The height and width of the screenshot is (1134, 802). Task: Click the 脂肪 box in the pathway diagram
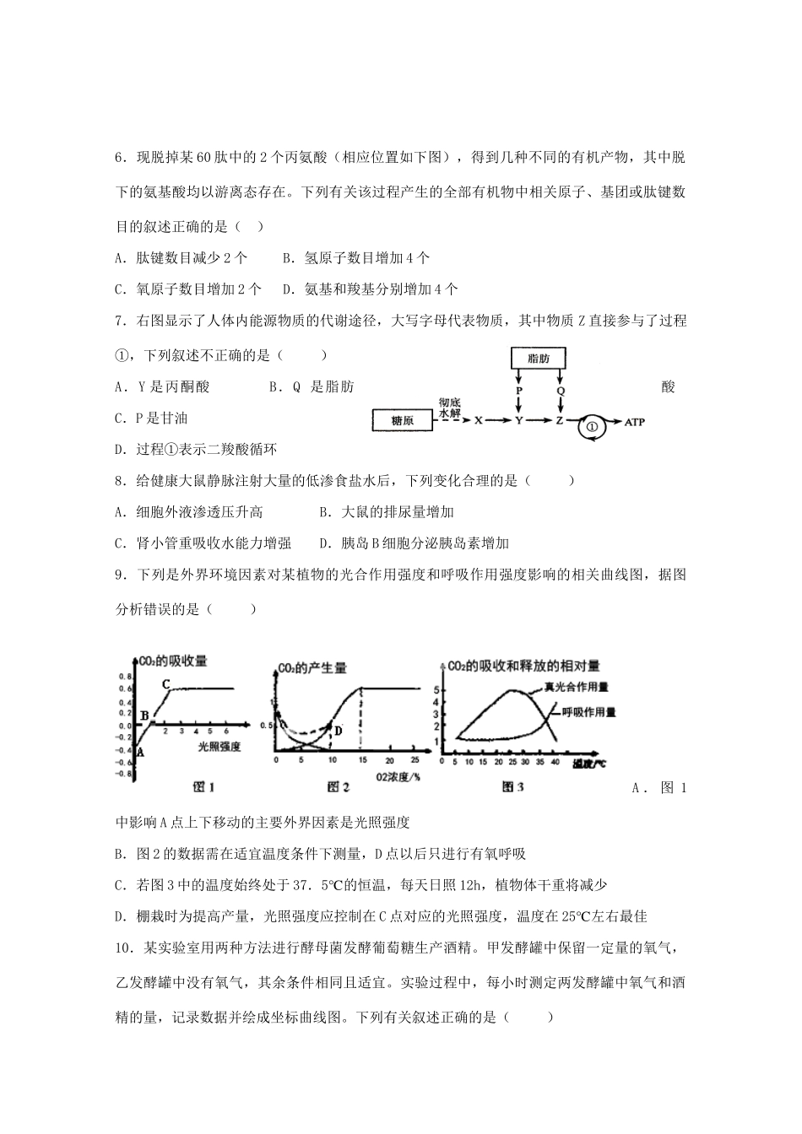point(539,359)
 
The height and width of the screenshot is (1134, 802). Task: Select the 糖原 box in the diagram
point(402,420)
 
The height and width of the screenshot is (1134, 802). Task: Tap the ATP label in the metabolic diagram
point(633,421)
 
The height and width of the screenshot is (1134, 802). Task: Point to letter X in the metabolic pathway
point(479,420)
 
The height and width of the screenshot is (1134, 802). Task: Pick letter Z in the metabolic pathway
point(559,420)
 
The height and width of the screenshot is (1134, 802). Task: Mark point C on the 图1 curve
point(166,683)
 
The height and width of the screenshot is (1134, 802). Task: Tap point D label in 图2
point(338,731)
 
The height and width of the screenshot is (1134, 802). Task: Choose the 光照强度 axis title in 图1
point(219,746)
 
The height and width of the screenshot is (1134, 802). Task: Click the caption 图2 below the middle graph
point(339,786)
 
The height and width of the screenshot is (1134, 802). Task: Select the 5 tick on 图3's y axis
point(436,691)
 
